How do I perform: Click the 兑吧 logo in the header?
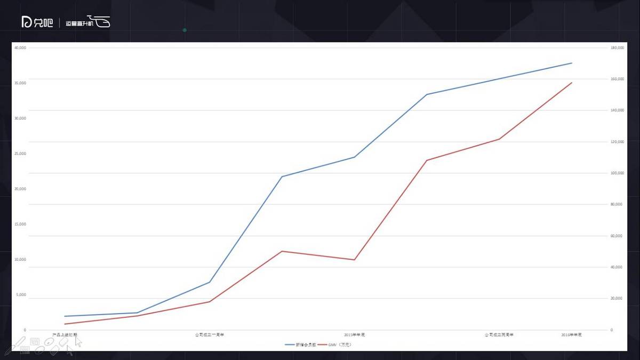(37, 22)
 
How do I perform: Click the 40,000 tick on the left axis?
(20, 48)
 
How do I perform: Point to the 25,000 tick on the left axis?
(20, 154)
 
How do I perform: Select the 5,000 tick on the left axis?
(21, 295)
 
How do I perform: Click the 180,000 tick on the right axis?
(617, 48)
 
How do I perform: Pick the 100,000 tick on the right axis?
(617, 173)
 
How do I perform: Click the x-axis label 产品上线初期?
(65, 335)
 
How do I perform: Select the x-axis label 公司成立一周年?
(210, 335)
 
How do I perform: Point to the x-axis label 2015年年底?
(355, 335)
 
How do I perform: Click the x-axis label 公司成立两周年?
(499, 335)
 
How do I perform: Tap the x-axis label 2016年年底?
(571, 335)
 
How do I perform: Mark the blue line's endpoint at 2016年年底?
(572, 63)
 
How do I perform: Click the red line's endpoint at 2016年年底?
(572, 83)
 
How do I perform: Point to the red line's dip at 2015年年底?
(355, 260)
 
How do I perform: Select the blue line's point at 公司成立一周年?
(210, 282)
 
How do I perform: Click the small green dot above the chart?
(185, 30)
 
